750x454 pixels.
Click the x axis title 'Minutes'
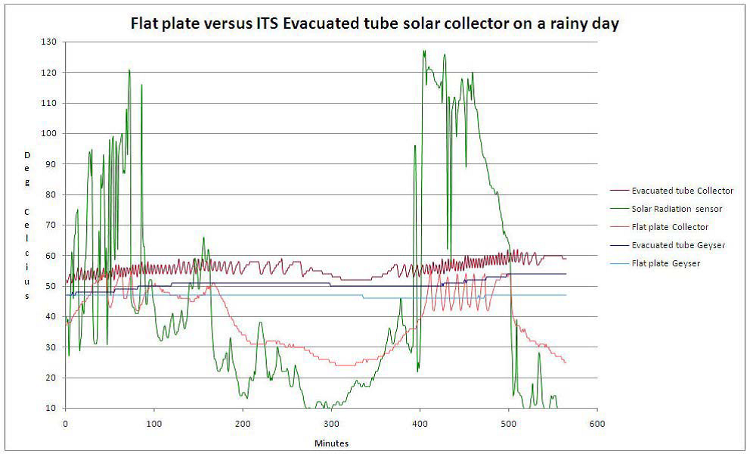[331, 443]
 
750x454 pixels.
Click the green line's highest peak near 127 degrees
[424, 51]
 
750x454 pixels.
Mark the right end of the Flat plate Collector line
[566, 362]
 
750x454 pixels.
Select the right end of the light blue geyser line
[566, 295]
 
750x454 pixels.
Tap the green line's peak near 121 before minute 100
[129, 70]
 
